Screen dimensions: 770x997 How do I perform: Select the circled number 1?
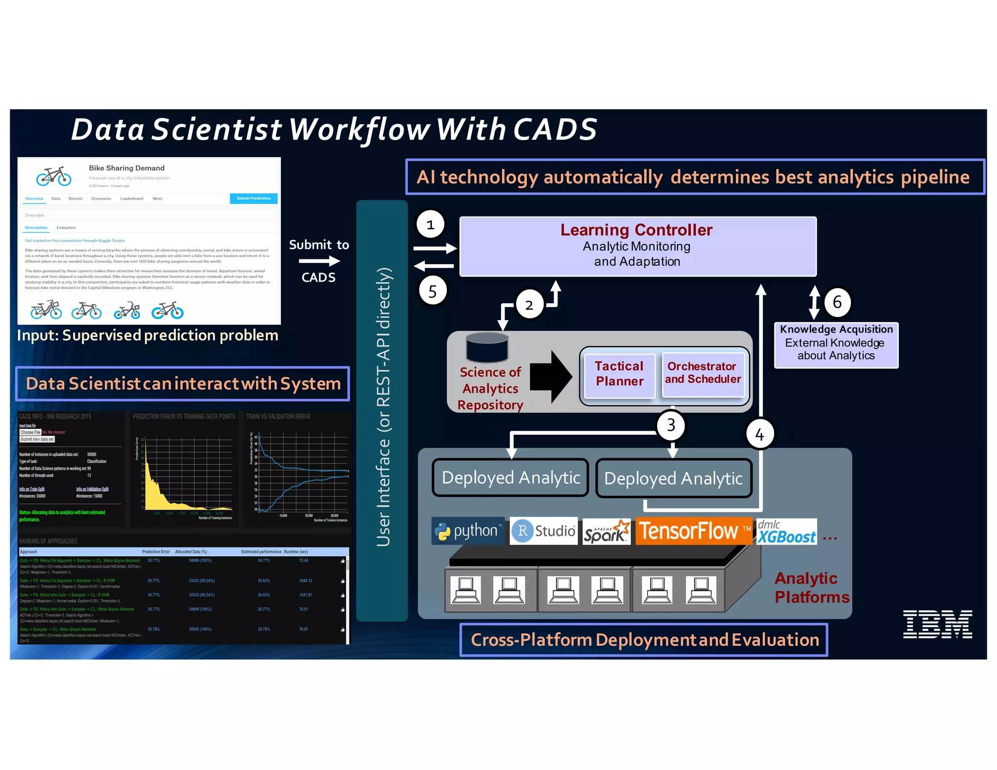[x=430, y=224]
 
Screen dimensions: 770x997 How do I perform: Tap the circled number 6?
[x=837, y=302]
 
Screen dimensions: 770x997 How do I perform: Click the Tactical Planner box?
[x=619, y=374]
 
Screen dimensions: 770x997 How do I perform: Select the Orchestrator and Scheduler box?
[x=702, y=373]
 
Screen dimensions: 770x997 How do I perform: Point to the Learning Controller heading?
[x=636, y=230]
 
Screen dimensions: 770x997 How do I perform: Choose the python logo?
[x=468, y=531]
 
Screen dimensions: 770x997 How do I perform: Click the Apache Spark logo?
[x=606, y=532]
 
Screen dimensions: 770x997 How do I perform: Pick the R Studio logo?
[x=544, y=531]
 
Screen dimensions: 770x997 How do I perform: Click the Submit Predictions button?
[x=253, y=199]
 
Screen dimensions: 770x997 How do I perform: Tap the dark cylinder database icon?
[x=487, y=348]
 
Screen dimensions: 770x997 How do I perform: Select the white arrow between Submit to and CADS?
[x=319, y=261]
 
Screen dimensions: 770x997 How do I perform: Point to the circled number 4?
[x=759, y=434]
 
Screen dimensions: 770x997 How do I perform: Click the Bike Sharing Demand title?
[x=127, y=168]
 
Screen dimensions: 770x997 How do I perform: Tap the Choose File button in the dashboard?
[x=30, y=432]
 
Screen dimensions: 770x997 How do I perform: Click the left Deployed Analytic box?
[x=510, y=478]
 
